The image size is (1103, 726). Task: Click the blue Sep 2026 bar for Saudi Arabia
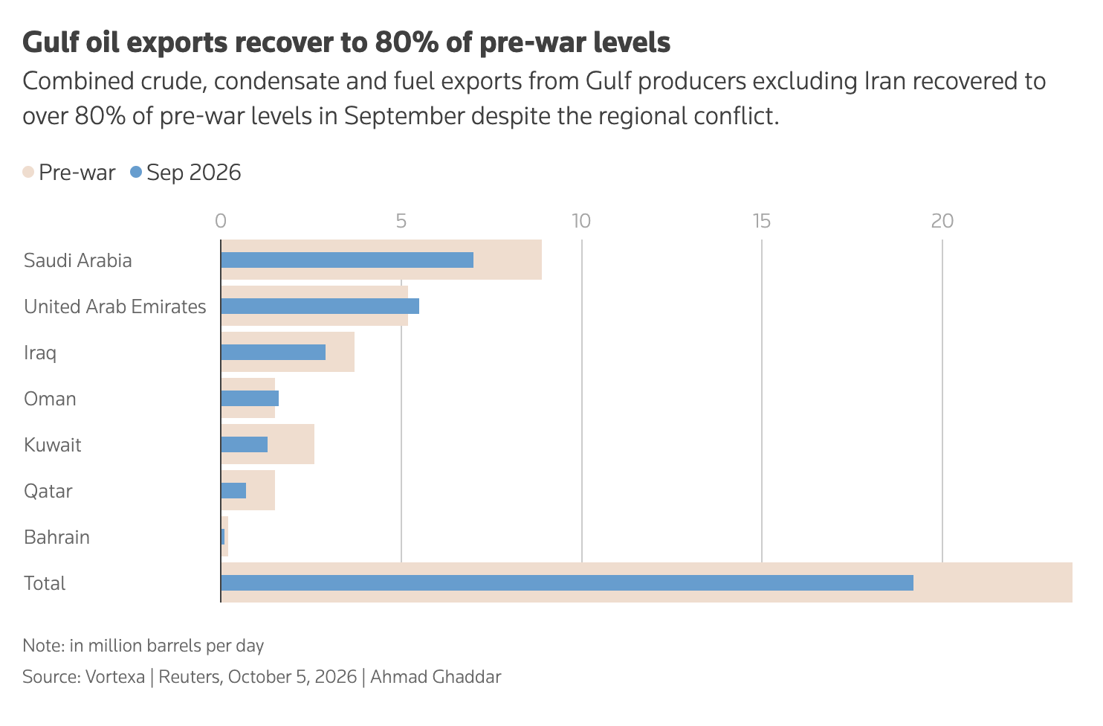coord(347,260)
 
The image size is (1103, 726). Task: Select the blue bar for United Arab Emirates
coord(320,306)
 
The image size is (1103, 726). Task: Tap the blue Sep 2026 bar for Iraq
coord(274,352)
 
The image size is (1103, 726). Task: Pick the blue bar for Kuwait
coord(245,445)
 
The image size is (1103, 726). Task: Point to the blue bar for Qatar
coord(233,490)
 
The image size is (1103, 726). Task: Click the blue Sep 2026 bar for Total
coord(567,582)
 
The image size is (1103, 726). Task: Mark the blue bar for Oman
coord(250,398)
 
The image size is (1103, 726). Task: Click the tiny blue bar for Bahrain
coord(222,537)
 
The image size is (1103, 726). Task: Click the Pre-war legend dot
coord(28,172)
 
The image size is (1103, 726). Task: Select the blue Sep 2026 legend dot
coord(136,172)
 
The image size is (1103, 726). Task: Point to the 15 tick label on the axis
coord(761,222)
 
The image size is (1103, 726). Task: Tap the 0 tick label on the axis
coord(221,222)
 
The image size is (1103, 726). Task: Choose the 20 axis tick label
coord(942,222)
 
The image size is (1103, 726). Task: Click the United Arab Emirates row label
coord(114,306)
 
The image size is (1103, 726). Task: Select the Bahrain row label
coord(56,537)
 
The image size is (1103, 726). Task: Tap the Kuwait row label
coord(52,445)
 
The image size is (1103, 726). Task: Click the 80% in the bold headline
coord(407,42)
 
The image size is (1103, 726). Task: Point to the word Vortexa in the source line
coord(115,677)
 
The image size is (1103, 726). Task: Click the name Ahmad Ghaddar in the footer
coord(436,677)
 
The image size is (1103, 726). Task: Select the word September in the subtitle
coord(404,116)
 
